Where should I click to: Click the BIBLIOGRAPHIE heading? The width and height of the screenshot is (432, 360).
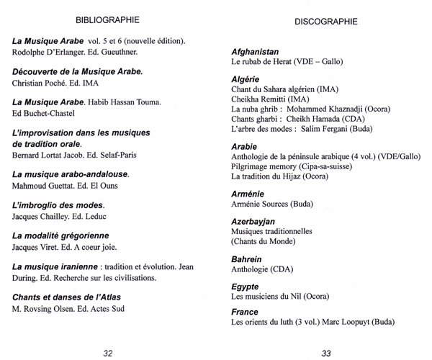pos(107,19)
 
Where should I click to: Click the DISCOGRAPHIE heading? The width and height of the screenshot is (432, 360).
pos(326,22)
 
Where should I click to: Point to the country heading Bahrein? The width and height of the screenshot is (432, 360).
pos(246,259)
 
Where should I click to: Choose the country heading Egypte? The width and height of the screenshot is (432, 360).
pos(246,286)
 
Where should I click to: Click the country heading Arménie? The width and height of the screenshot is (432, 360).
pos(248,194)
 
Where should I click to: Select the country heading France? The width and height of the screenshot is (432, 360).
pos(245,312)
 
